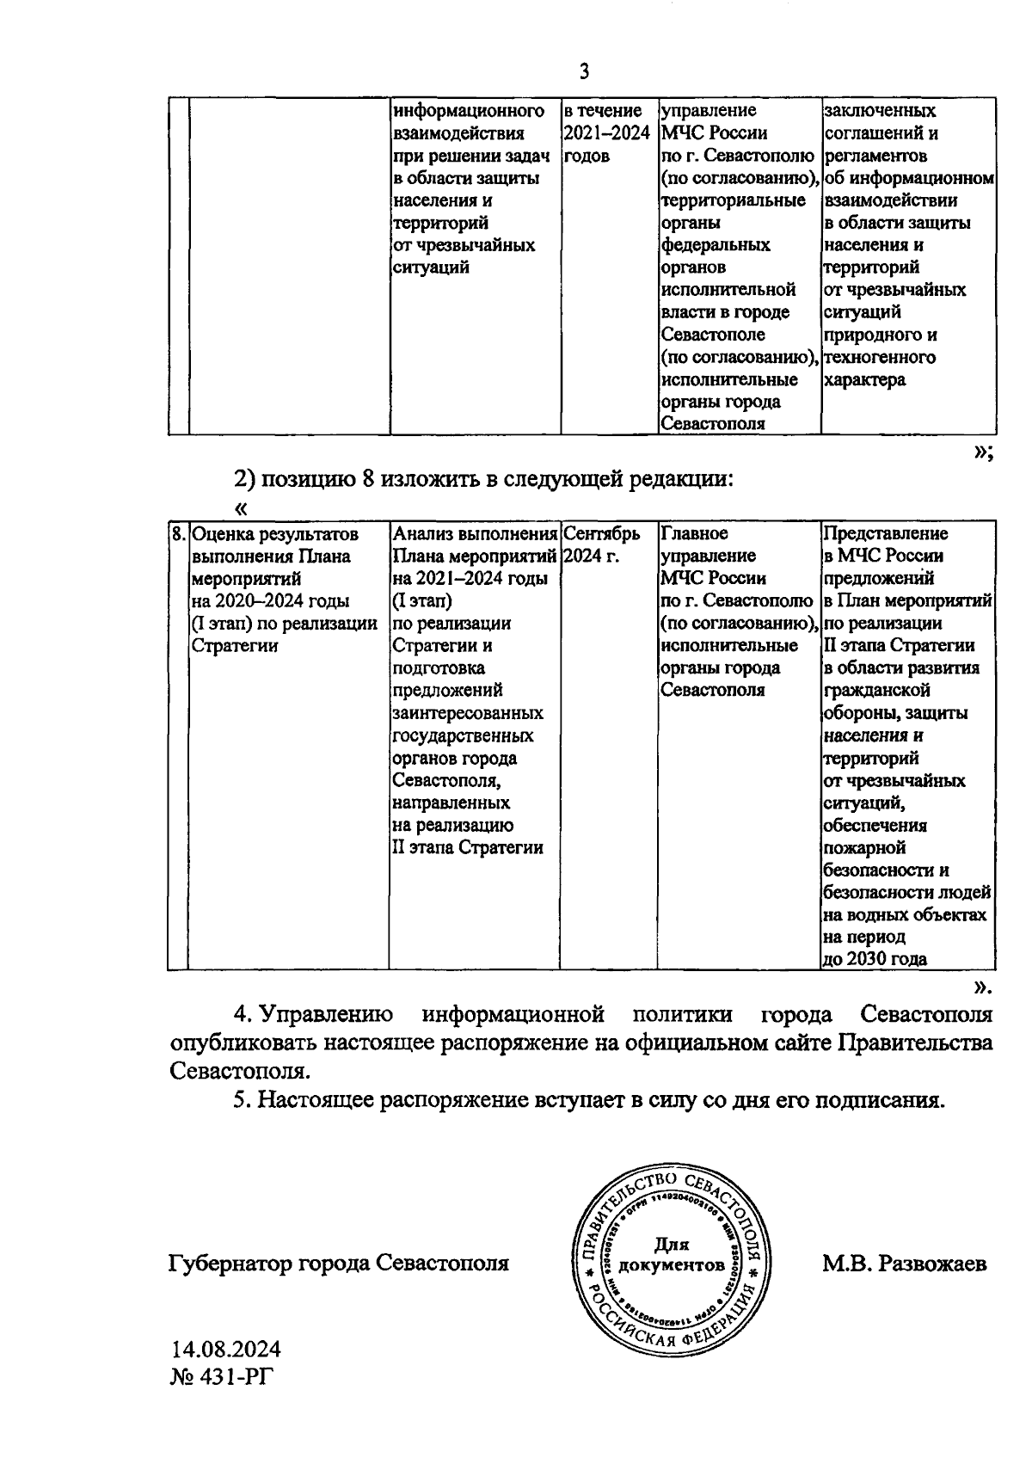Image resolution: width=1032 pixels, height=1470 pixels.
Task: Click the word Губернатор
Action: [x=230, y=1264]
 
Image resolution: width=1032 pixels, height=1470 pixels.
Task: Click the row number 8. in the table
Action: [x=178, y=534]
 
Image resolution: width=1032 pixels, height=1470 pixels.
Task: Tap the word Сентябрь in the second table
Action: [x=603, y=534]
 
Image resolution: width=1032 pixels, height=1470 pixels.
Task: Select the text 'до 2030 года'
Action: [x=875, y=959]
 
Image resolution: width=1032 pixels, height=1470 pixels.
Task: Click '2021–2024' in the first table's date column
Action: [x=606, y=133]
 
